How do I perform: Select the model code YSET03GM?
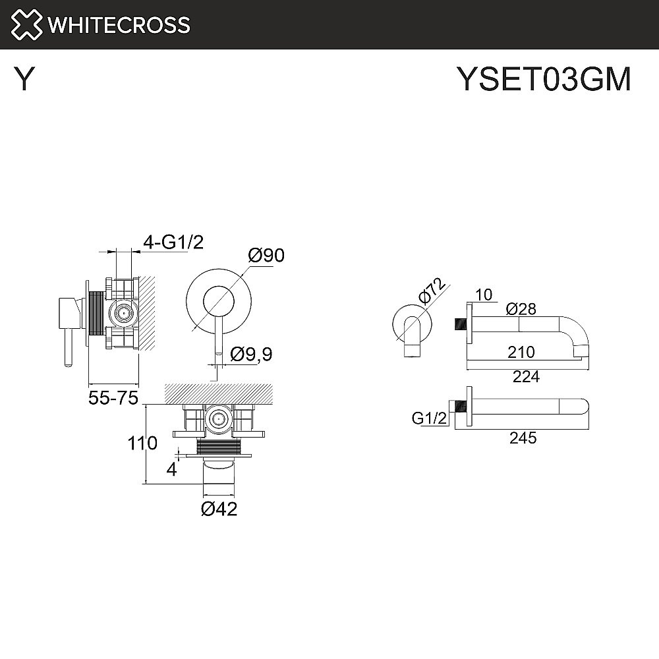(x=544, y=80)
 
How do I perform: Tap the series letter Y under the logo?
(x=24, y=80)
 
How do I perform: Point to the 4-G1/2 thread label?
(x=173, y=243)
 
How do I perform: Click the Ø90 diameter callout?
(x=266, y=255)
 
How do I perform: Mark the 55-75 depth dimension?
(x=113, y=398)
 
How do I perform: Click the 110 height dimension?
(x=143, y=444)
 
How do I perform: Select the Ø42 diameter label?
(x=219, y=509)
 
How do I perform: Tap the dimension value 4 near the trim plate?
(x=171, y=470)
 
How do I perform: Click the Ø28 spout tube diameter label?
(x=521, y=309)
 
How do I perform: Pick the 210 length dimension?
(x=521, y=353)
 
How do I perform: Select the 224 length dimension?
(x=526, y=376)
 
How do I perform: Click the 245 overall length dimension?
(x=523, y=438)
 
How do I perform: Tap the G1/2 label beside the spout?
(x=429, y=418)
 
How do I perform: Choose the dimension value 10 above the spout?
(x=484, y=295)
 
